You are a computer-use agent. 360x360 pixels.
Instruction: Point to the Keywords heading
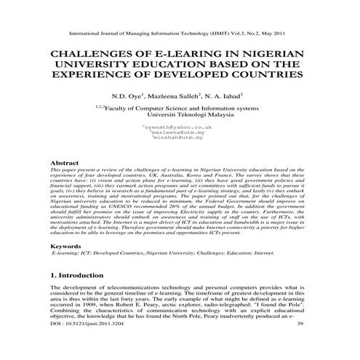(67, 247)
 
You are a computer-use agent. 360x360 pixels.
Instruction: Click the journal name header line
(180, 33)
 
